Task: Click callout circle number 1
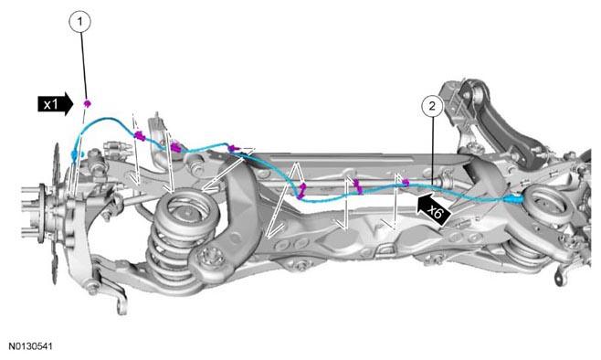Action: (79, 22)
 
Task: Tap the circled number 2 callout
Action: (432, 106)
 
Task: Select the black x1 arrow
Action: (55, 104)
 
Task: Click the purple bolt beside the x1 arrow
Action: (87, 103)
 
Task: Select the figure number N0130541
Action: (31, 346)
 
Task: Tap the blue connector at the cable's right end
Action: (513, 198)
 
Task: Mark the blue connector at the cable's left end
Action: (74, 155)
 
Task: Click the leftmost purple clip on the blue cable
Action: (139, 135)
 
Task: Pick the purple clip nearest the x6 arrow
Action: (406, 183)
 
